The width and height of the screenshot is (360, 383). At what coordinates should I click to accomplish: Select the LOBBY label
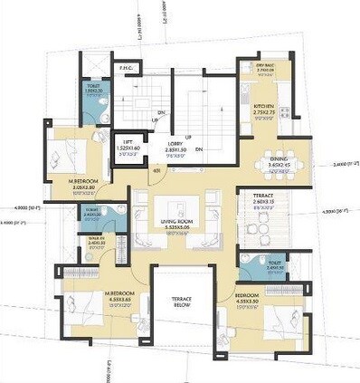[176, 142]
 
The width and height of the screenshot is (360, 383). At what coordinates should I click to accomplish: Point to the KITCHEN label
[264, 105]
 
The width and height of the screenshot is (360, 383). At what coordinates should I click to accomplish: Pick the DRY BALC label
[265, 63]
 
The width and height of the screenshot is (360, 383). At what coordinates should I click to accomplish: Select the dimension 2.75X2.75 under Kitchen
[264, 112]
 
